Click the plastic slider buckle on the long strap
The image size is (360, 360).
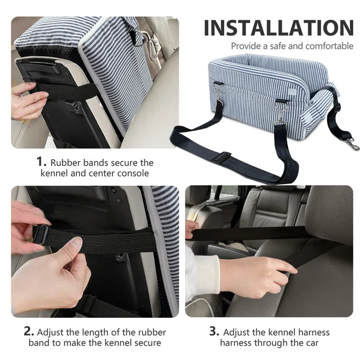[223, 157]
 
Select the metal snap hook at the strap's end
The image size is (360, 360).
[351, 144]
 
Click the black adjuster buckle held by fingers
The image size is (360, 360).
[40, 234]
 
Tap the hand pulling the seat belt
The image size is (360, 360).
[259, 273]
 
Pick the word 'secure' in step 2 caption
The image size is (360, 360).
[148, 343]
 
